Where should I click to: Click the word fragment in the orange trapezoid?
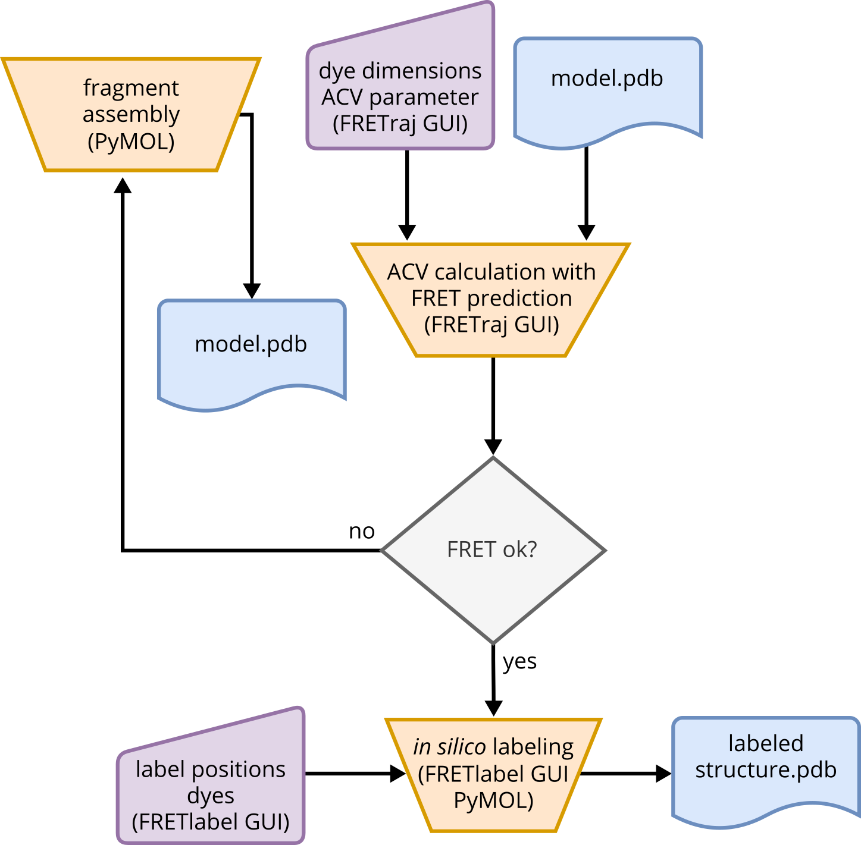point(131,88)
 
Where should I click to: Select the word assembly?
point(131,114)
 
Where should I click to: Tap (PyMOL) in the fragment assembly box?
point(131,142)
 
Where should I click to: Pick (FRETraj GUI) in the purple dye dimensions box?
point(400,124)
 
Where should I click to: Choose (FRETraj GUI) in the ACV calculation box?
point(491,325)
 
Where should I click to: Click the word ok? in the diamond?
point(519,549)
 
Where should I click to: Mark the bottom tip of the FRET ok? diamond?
point(493,643)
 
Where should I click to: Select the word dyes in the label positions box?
point(211,796)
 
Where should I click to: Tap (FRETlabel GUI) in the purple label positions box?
point(211,822)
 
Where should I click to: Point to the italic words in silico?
point(449,747)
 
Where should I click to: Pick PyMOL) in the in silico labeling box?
point(493,800)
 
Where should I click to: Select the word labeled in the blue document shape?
point(766,743)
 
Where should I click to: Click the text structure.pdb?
point(766,769)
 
